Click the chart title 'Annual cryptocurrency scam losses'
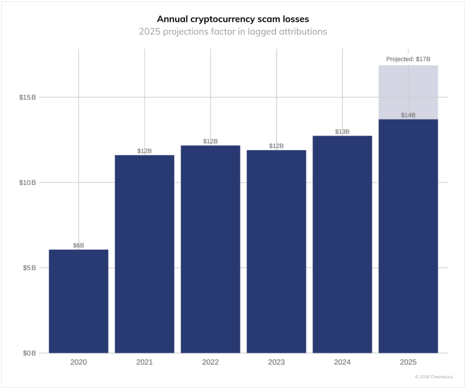[x=233, y=19]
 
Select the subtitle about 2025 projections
[x=233, y=32]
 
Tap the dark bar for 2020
[x=78, y=301]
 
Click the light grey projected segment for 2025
[x=408, y=91]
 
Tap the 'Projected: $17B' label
[x=408, y=59]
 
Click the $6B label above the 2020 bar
[x=78, y=245]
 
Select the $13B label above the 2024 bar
[x=342, y=132]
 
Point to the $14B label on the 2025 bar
[x=408, y=115]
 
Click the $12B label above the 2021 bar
[x=144, y=151]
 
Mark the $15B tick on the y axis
[x=27, y=97]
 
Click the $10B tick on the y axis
[x=27, y=182]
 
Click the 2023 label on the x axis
[x=276, y=363]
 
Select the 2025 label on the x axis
[x=408, y=363]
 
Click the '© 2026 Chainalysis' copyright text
[x=433, y=377]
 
